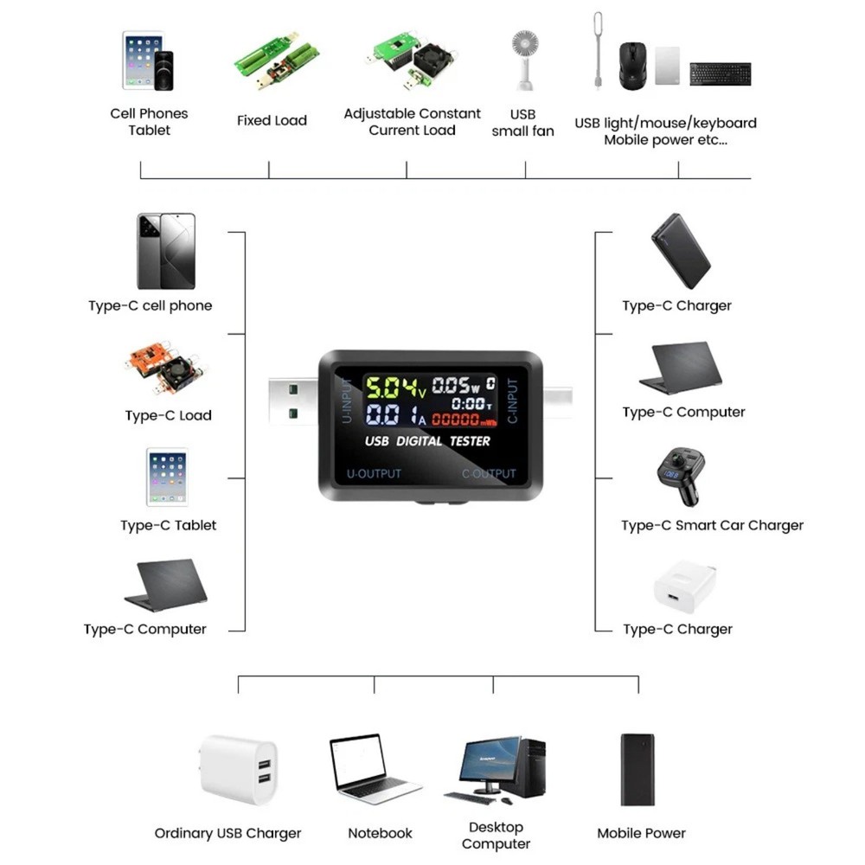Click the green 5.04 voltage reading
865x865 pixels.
point(388,386)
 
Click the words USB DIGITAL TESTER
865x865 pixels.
point(427,441)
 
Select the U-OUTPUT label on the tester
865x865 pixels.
point(374,474)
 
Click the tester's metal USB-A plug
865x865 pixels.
point(293,403)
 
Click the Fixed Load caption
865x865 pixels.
point(272,121)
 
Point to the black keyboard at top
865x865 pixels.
point(720,74)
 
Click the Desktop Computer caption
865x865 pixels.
point(496,836)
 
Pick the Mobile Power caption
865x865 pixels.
point(641,834)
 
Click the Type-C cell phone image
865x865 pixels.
point(166,251)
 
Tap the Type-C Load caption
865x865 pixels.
point(168,416)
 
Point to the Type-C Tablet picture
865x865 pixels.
point(167,477)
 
